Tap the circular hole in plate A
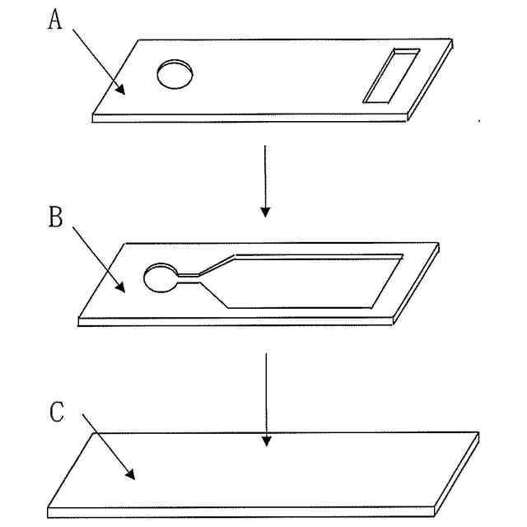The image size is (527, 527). (176, 73)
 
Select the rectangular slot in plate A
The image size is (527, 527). (391, 76)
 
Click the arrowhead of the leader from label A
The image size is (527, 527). (123, 91)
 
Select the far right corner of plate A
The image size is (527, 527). (451, 39)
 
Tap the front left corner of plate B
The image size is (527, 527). (77, 319)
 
